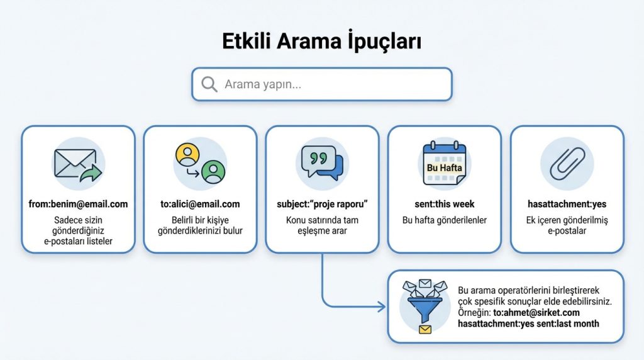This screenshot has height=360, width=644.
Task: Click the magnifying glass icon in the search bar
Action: [x=209, y=84]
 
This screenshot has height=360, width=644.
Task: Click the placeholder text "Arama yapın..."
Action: [x=262, y=84]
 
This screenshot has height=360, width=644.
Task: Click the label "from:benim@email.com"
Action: [x=78, y=204]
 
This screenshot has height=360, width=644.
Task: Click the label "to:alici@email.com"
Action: [x=200, y=204]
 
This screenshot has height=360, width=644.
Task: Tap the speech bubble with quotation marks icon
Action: [x=322, y=163]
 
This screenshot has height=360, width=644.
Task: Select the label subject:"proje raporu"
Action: [x=322, y=204]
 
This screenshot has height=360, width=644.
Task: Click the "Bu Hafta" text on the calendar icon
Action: [x=444, y=168]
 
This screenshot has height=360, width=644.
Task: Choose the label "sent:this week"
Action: [x=444, y=204]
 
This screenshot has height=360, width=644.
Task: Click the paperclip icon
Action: [x=566, y=164]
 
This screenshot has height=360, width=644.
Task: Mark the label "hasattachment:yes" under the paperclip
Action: [x=566, y=204]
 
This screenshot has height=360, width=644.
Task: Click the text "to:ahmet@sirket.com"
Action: [x=536, y=312]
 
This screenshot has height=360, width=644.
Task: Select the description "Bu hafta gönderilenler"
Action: [x=444, y=220]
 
